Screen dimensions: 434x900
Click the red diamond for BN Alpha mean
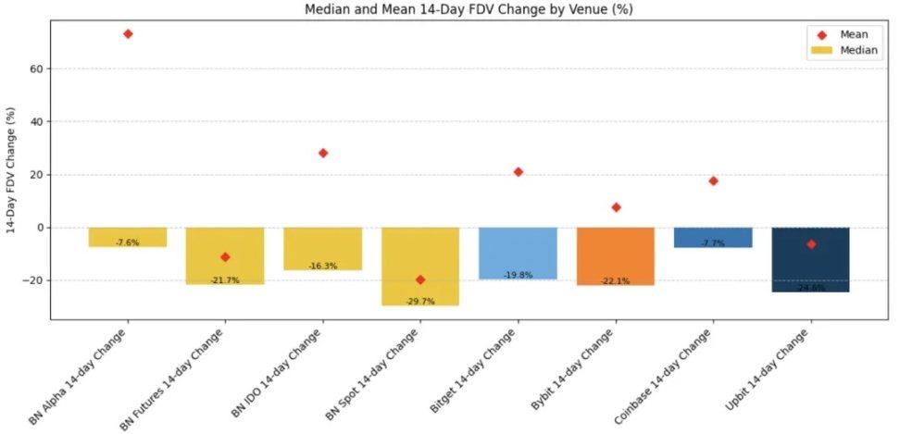[x=128, y=34]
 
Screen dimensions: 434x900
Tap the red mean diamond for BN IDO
[x=323, y=153]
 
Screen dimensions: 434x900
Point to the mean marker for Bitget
[x=519, y=172]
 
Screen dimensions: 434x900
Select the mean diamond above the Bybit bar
[x=616, y=207]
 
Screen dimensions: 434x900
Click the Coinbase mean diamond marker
[x=713, y=180]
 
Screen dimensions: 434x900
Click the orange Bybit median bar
[x=616, y=255]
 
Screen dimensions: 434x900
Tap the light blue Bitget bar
[x=519, y=252]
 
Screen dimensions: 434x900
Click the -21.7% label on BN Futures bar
[x=225, y=280]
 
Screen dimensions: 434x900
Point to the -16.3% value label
[x=323, y=267]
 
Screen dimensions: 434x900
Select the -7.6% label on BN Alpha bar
[x=128, y=242]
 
